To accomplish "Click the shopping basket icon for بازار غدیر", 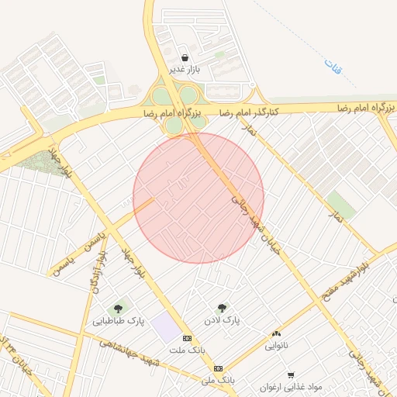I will coord(185,57).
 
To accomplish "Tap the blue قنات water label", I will coord(335,68).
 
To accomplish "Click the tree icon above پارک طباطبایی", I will coord(119,309).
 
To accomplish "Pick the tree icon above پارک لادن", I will coord(223,308).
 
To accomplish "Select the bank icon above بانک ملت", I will coord(187,338).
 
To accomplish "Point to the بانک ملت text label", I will coord(189,350).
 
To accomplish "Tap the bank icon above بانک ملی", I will coord(218,368).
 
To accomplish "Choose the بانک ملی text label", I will coord(218,380).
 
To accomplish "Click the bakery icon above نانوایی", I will coord(276,333).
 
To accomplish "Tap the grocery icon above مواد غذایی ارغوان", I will coord(291,375).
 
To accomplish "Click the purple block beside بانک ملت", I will coord(165,327).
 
